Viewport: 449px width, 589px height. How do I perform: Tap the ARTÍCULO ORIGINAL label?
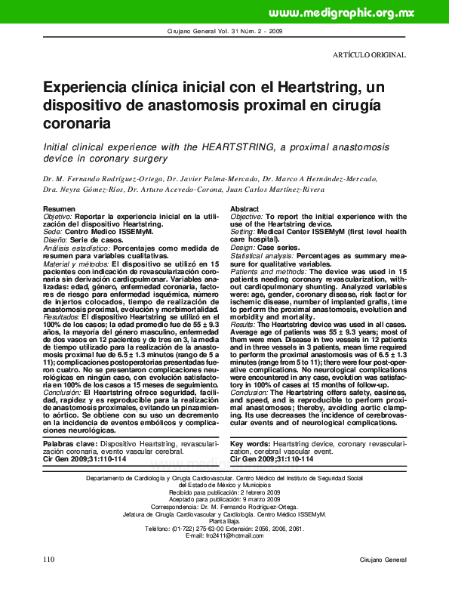point(369,55)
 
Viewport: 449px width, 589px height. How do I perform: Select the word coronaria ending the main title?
point(78,122)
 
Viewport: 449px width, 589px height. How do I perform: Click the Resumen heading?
point(60,208)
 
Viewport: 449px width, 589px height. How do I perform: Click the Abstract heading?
point(244,208)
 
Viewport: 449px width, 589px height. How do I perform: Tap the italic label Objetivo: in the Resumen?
point(57,216)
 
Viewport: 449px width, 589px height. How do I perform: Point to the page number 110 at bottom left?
point(50,580)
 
